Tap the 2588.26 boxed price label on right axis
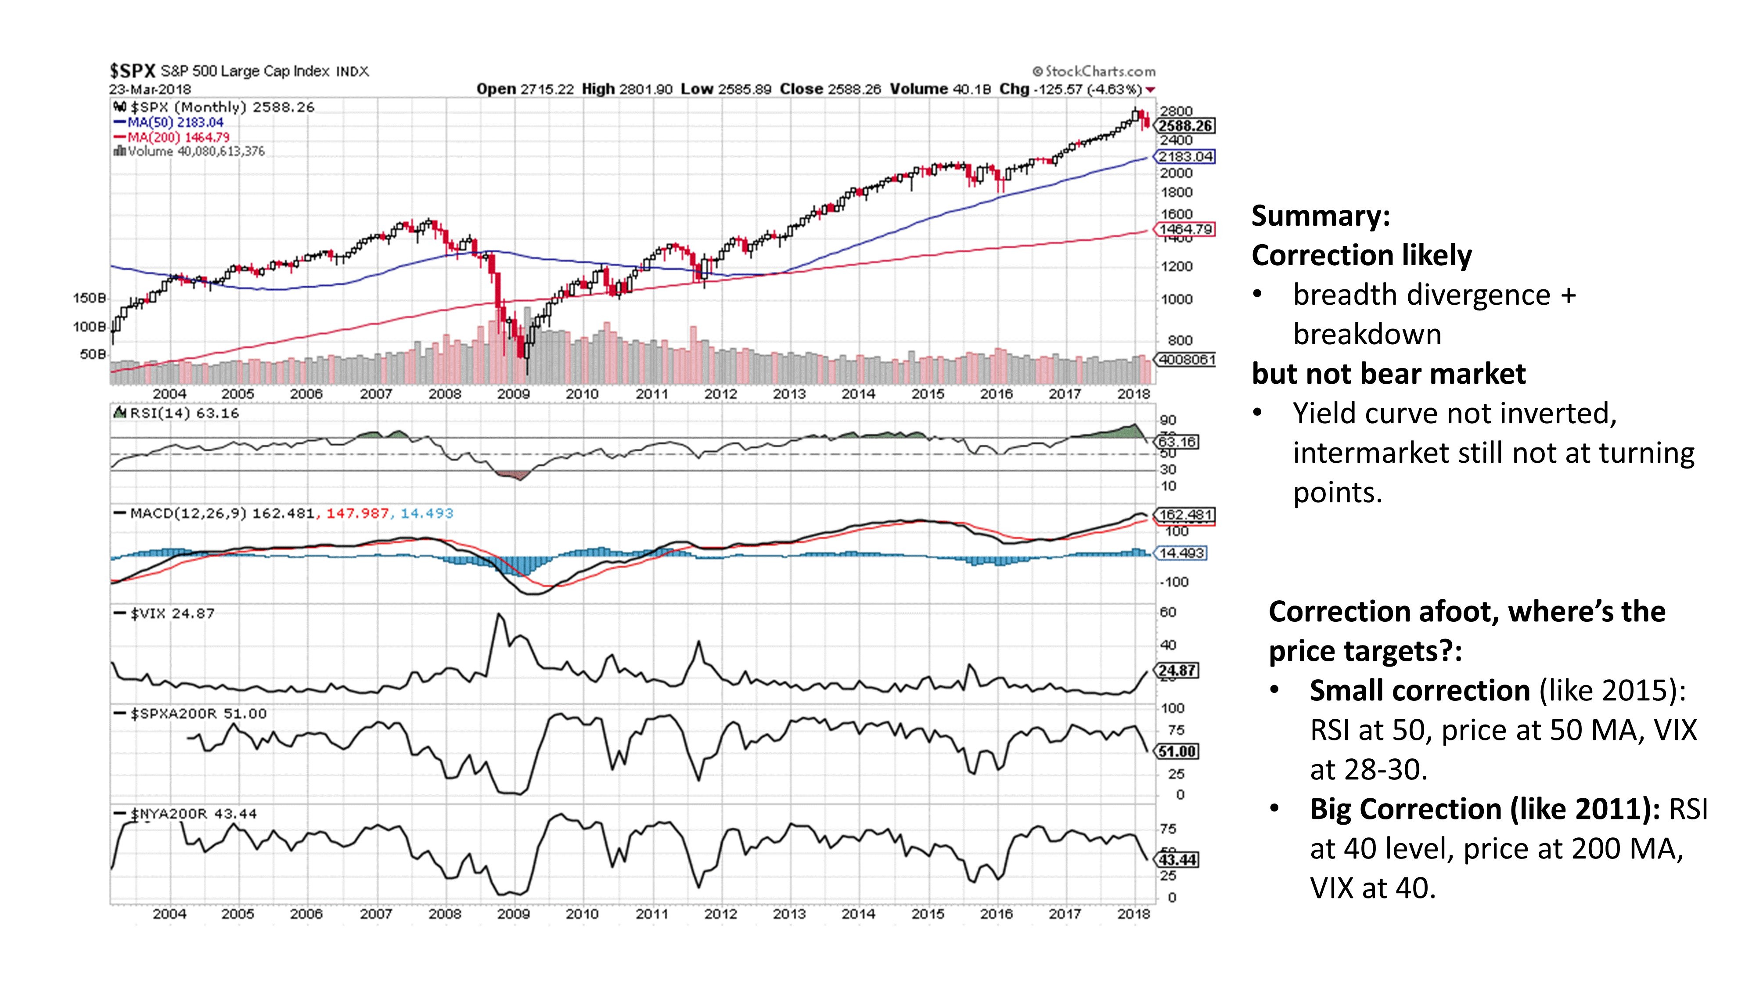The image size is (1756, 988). [1185, 126]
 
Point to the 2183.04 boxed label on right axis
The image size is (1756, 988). [1185, 157]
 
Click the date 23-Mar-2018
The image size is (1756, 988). [150, 89]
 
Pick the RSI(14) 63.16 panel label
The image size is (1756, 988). [184, 413]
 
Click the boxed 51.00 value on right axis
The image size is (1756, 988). [1177, 751]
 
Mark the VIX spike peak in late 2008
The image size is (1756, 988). [499, 615]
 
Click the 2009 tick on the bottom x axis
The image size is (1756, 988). [513, 914]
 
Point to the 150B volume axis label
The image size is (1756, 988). [89, 298]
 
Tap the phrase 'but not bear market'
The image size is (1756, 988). [1389, 374]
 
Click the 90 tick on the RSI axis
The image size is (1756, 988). [1168, 420]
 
